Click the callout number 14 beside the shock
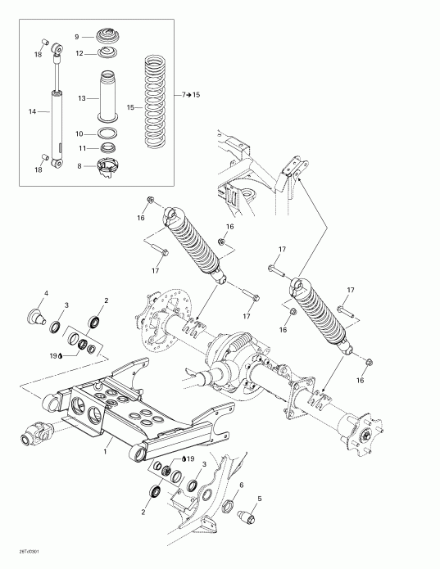[32, 111]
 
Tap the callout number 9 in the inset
[77, 37]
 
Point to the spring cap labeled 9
[107, 37]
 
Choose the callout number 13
[81, 98]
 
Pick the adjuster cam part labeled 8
[107, 166]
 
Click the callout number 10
[79, 133]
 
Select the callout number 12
[79, 53]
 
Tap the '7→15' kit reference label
[189, 96]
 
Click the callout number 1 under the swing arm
[107, 450]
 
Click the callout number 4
[46, 293]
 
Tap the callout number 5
[260, 499]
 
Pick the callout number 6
[242, 485]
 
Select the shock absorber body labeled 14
[57, 127]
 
